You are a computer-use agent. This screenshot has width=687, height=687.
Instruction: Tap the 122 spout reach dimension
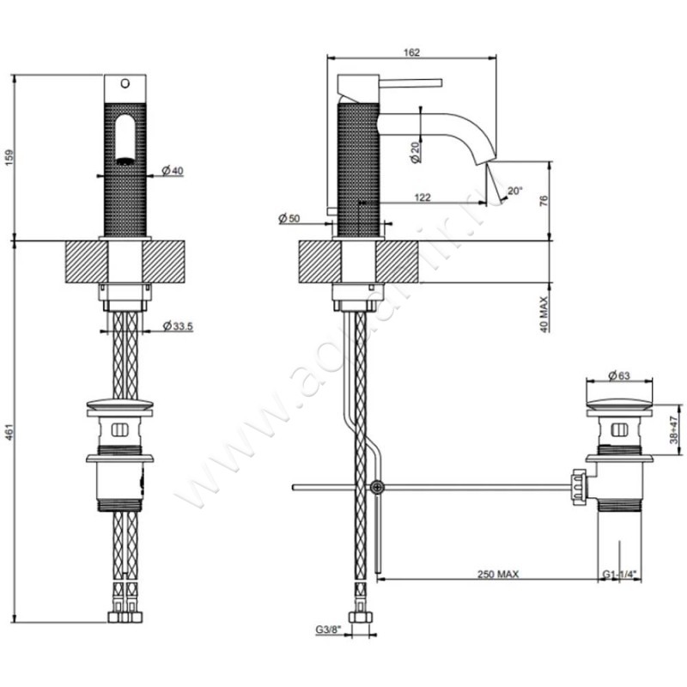423,198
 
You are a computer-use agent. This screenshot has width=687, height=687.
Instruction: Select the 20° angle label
514,192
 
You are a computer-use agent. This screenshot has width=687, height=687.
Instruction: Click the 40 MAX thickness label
543,313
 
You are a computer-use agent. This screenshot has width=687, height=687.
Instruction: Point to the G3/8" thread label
328,631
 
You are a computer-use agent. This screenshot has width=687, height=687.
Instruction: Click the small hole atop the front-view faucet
124,84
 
